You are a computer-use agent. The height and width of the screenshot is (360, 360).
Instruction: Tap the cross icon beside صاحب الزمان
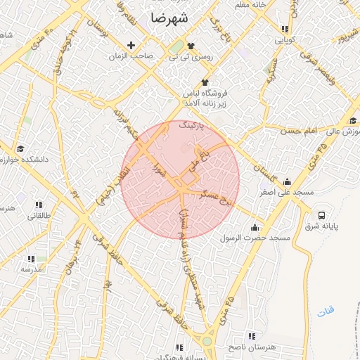click(x=131, y=46)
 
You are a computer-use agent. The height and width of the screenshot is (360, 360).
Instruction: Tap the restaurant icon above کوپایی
click(x=285, y=30)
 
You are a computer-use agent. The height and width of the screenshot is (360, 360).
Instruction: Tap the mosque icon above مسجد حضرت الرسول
click(x=255, y=228)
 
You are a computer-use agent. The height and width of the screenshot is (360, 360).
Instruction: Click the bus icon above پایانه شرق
click(x=322, y=215)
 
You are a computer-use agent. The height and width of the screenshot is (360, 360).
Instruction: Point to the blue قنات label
click(x=326, y=310)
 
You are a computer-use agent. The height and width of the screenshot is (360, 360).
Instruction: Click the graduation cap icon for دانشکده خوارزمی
click(x=20, y=149)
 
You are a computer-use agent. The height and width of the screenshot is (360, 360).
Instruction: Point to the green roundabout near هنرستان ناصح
click(x=207, y=341)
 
